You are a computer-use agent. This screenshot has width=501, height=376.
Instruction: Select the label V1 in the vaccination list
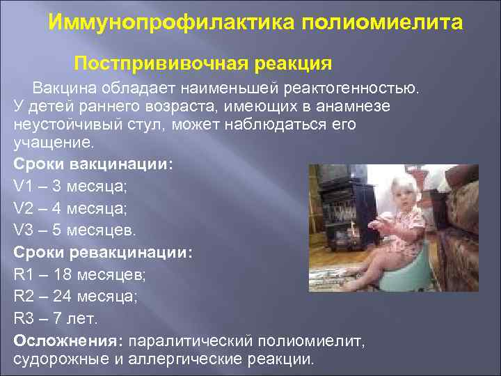(x=23, y=186)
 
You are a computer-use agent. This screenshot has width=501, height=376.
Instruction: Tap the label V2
(x=23, y=207)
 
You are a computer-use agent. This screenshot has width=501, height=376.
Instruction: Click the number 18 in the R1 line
(x=57, y=273)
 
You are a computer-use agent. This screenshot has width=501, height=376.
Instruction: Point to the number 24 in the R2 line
(x=58, y=295)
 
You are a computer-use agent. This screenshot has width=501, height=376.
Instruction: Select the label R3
(x=23, y=318)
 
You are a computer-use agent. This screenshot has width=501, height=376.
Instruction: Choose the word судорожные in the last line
(x=54, y=359)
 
